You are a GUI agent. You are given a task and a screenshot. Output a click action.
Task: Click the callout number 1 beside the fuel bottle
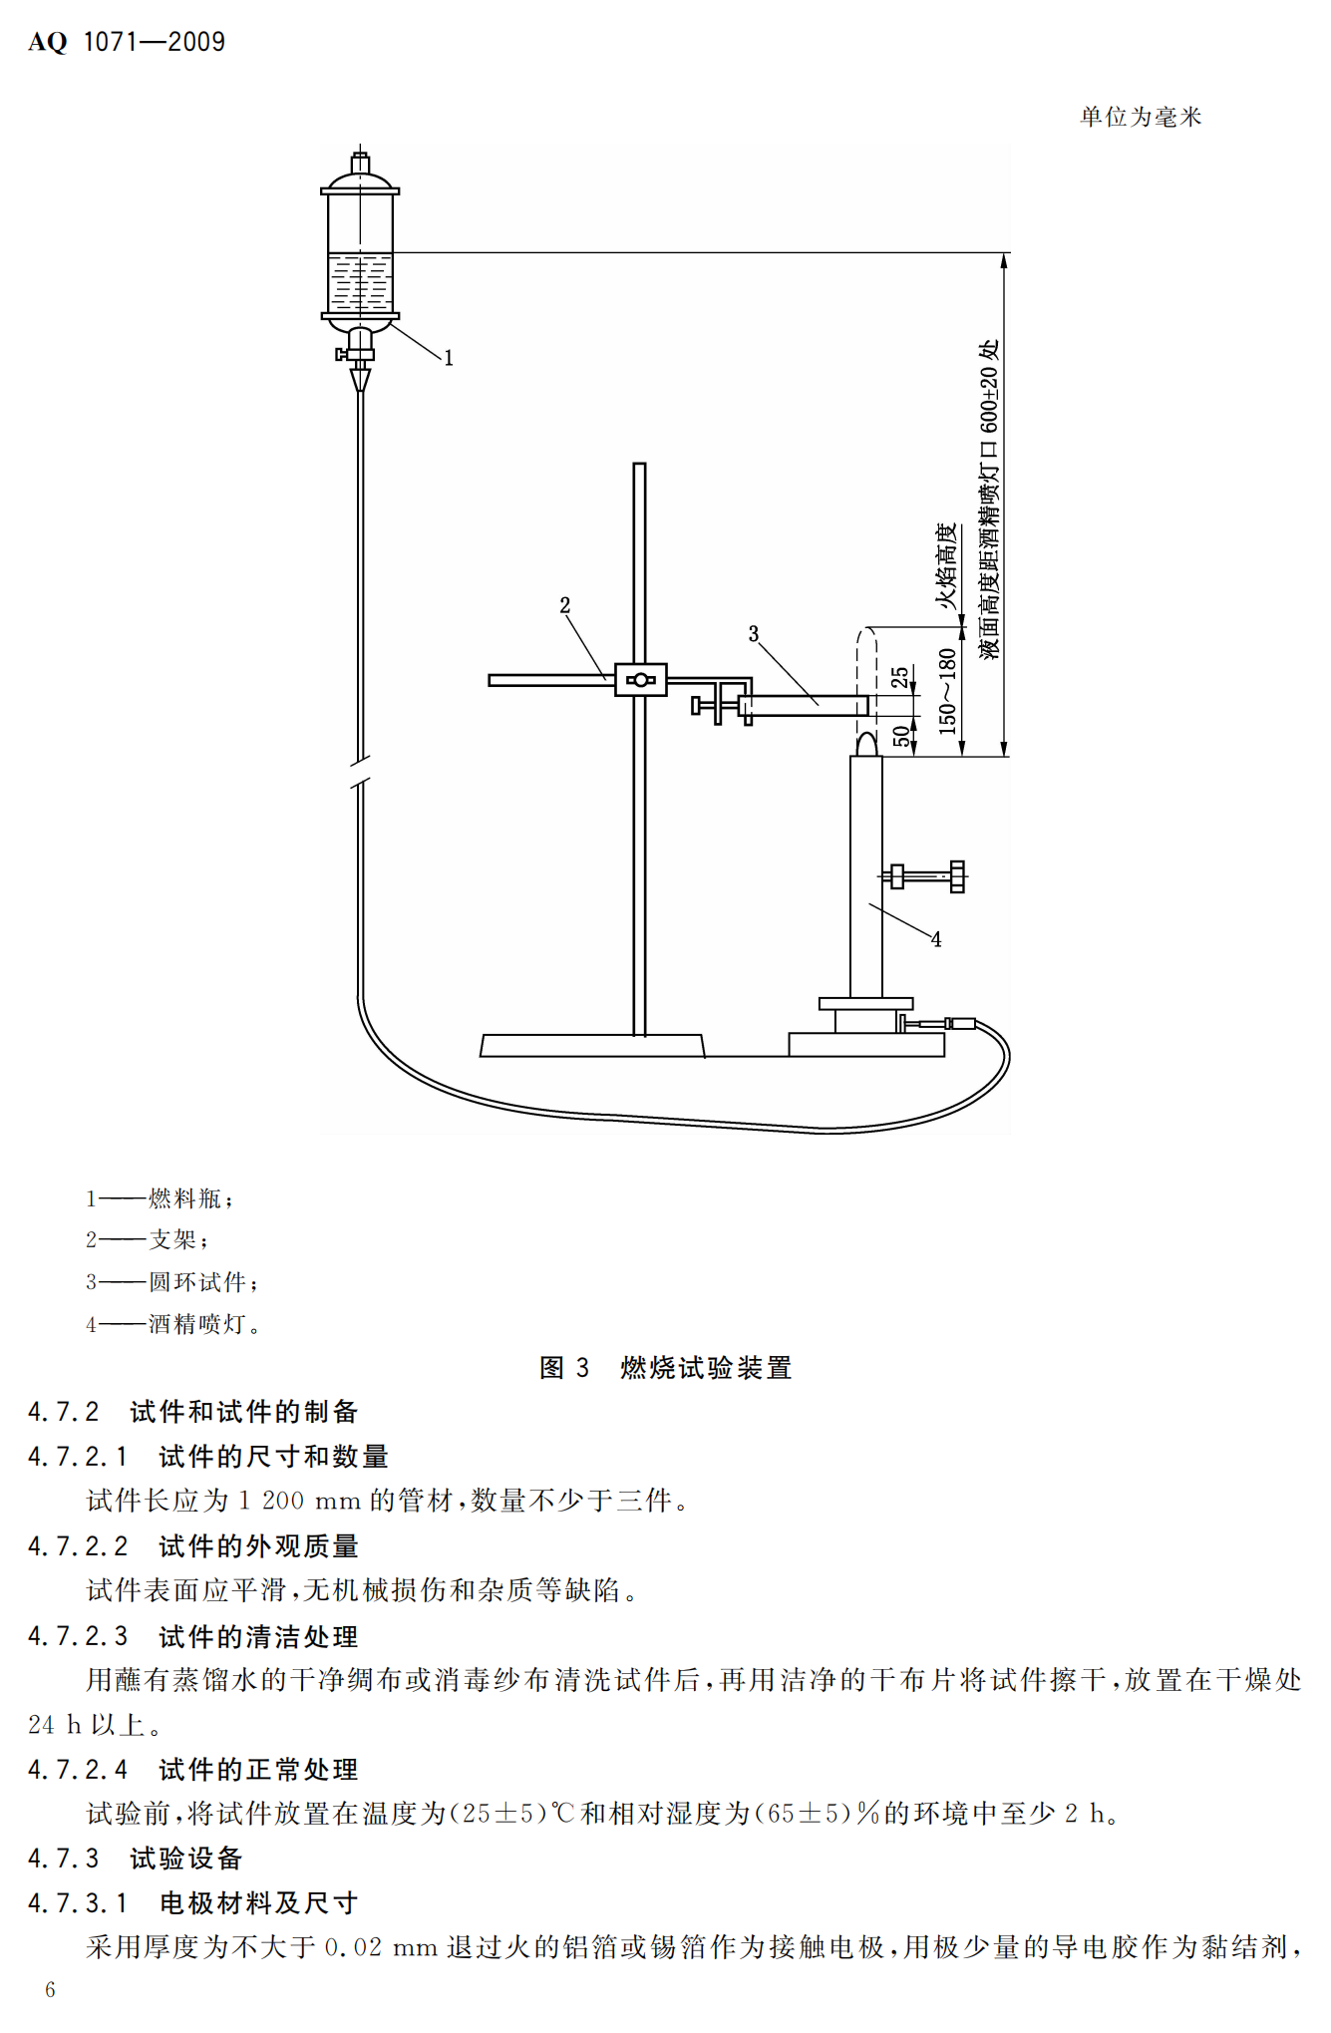point(449,358)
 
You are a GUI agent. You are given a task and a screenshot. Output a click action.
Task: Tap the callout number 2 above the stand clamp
point(565,605)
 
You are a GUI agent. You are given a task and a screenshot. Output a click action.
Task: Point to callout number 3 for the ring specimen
point(754,634)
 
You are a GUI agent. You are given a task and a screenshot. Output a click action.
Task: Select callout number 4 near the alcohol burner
point(935,939)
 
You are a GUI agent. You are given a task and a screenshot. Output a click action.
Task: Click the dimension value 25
point(900,678)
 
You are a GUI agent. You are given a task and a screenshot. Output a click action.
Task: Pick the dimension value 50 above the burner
point(901,737)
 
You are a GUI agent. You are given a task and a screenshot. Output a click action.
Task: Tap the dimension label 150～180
point(947,691)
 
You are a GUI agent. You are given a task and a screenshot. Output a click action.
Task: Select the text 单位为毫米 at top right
point(1141,117)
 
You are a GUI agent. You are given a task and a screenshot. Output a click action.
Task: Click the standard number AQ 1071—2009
point(127,42)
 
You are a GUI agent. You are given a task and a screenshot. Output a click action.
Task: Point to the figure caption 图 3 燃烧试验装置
point(665,1367)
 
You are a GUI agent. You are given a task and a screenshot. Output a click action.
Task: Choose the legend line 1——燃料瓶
point(160,1198)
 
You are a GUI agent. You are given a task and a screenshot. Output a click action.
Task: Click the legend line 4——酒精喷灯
point(172,1324)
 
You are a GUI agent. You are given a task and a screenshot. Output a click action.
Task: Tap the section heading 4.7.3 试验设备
point(136,1859)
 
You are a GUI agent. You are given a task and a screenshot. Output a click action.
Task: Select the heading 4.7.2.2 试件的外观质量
point(193,1546)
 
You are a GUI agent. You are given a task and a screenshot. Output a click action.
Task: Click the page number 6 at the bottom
point(50,1990)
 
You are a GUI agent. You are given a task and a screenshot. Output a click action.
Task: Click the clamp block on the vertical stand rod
point(640,680)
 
